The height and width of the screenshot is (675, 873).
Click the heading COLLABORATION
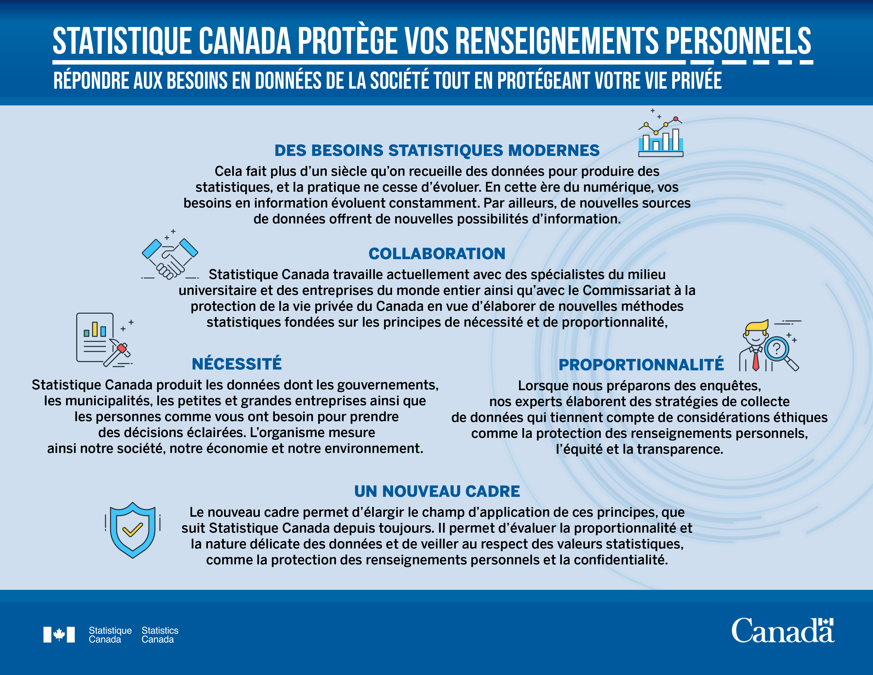tap(437, 254)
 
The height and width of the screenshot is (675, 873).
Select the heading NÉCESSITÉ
tap(237, 364)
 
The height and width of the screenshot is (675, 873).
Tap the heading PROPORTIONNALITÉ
tap(641, 365)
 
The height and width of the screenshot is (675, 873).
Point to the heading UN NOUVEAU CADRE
tap(437, 492)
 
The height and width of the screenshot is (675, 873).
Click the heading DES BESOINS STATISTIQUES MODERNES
tap(437, 150)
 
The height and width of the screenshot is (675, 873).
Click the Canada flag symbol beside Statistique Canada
tap(59, 634)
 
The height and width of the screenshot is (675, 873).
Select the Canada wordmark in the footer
tap(783, 631)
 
